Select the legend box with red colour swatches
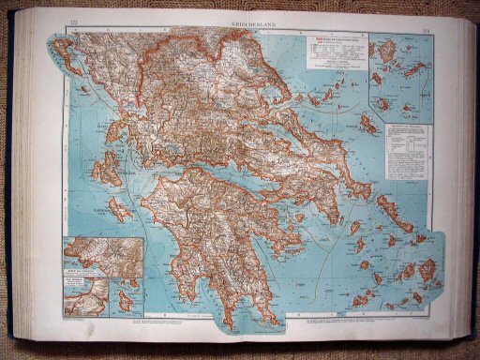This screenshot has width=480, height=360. [332, 54]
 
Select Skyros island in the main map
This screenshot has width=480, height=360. [368, 125]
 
